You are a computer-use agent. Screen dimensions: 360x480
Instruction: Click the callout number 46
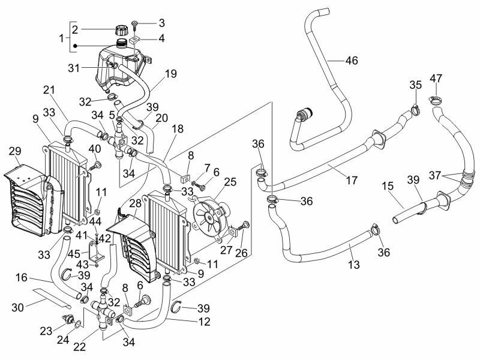[x=351, y=60]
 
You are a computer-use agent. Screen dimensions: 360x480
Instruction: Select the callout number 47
[x=436, y=79]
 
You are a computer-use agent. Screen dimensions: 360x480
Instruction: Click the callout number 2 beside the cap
[x=75, y=29]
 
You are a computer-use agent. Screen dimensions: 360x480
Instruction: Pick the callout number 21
[x=49, y=90]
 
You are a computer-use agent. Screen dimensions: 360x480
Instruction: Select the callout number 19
[x=170, y=74]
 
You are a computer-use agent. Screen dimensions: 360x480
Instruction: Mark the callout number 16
[x=38, y=278]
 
